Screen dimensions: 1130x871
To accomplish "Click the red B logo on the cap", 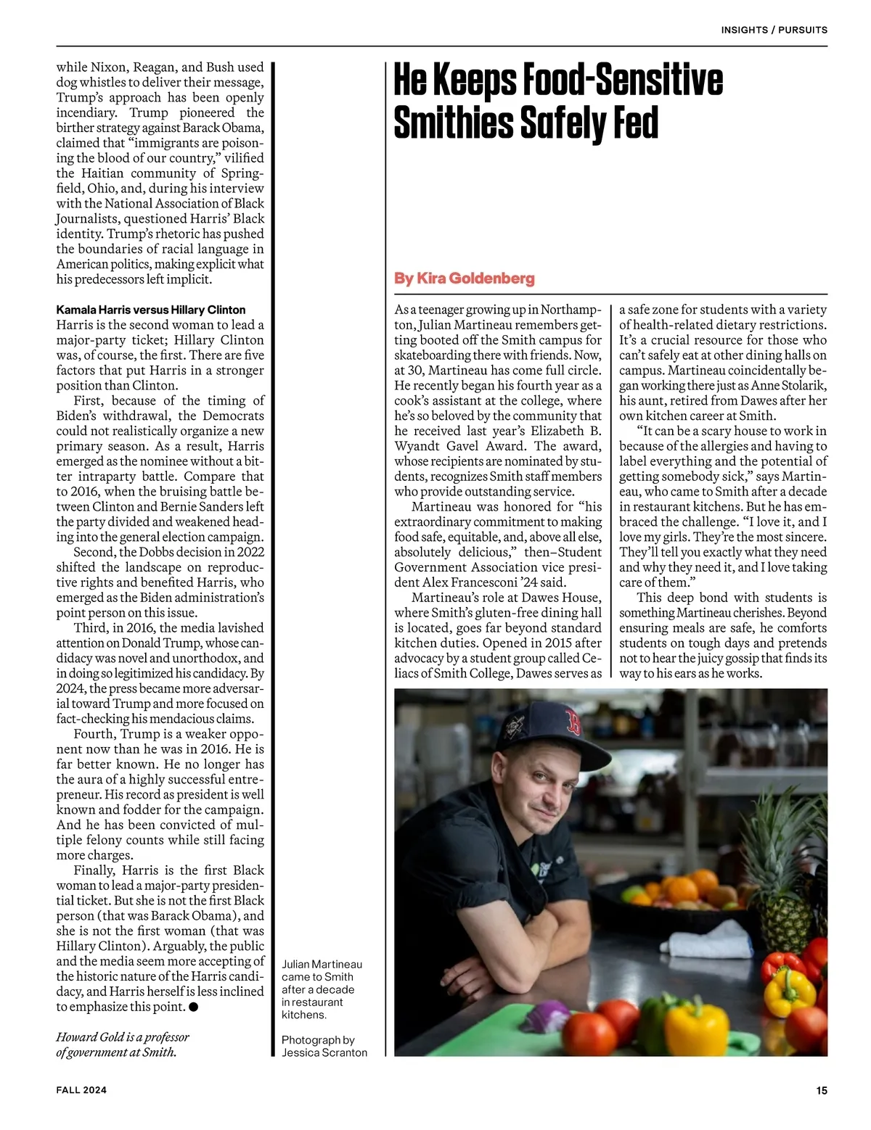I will [x=574, y=724].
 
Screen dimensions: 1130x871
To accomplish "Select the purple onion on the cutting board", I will [x=548, y=1016].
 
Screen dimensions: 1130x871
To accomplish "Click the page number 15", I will [x=822, y=1090].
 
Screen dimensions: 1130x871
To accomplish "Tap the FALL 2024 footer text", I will [x=81, y=1090].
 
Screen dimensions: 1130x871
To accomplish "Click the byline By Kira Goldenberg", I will [x=464, y=279].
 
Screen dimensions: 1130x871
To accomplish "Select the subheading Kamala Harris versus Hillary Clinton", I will [x=151, y=310].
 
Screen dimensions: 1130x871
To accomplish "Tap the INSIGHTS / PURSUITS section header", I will [x=774, y=30].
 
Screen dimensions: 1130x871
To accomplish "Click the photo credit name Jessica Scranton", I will [x=324, y=1052].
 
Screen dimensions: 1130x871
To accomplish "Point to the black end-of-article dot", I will [x=194, y=1007].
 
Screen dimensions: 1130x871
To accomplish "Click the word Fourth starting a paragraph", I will [x=94, y=734].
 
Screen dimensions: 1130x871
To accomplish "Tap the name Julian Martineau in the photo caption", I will [x=322, y=964].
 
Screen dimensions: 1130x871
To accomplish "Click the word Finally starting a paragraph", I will [x=94, y=870].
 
